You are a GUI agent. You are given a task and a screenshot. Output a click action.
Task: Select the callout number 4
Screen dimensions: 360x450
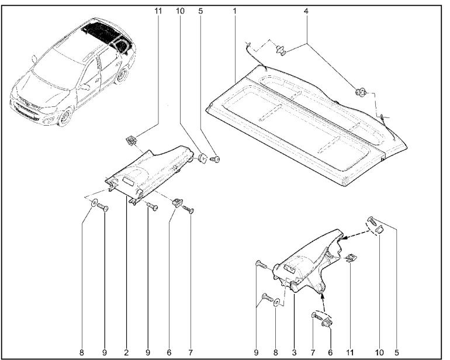pos(307,11)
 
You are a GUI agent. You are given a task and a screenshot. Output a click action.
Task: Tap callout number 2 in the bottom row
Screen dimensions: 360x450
pos(126,352)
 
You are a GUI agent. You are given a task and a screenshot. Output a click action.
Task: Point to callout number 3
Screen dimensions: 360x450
pos(293,352)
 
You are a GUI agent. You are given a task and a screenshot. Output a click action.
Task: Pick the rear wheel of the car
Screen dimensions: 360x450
pos(122,74)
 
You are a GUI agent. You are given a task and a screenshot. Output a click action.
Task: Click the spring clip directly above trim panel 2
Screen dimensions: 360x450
pos(131,140)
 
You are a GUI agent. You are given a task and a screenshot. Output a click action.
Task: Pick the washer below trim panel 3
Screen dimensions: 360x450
pos(278,303)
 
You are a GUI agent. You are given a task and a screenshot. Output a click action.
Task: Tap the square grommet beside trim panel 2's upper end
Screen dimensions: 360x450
pos(202,157)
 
